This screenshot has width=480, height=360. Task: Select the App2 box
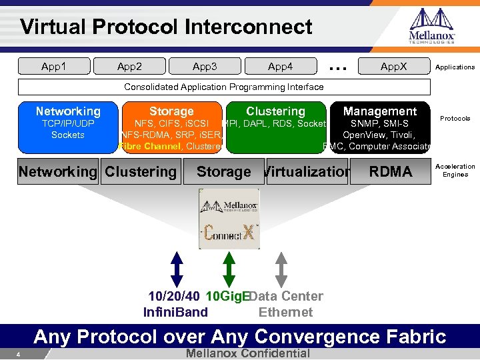[129, 67]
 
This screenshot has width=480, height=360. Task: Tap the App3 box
[205, 67]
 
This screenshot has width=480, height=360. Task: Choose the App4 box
[280, 67]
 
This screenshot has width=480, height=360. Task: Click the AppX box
[393, 67]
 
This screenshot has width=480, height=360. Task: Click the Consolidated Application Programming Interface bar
[224, 87]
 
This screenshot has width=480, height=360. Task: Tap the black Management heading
[379, 111]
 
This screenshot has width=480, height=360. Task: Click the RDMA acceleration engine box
[391, 171]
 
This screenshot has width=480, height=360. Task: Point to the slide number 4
[19, 354]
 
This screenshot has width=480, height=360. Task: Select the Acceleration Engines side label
[455, 171]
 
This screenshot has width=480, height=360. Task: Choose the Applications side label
[455, 67]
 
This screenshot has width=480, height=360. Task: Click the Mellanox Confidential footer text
[249, 353]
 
